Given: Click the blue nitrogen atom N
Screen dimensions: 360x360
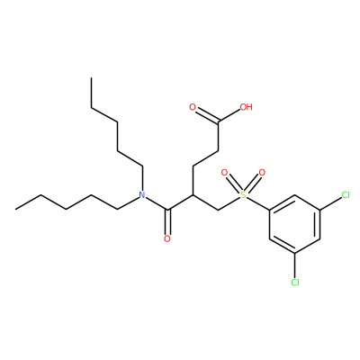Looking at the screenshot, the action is click(142, 195).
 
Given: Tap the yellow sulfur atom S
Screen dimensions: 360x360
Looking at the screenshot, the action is click(243, 195).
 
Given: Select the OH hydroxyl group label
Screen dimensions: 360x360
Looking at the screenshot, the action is click(247, 107).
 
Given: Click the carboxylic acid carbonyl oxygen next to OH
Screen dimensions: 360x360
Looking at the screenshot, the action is click(193, 107).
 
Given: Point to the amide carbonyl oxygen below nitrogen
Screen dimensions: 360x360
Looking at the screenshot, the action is click(167, 238).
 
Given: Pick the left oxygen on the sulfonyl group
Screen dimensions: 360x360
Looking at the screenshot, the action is click(224, 173).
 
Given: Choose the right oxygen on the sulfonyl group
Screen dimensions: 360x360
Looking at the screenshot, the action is click(262, 173).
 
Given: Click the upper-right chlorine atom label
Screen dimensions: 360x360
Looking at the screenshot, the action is click(346, 195).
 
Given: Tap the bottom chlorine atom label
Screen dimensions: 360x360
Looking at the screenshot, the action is click(295, 283).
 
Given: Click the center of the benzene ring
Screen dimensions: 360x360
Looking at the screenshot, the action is click(295, 224).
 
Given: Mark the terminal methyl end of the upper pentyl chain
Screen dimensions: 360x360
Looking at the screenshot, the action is click(92, 78).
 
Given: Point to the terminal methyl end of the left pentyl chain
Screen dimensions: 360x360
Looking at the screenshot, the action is click(16, 209).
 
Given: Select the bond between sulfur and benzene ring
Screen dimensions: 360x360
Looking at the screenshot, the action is click(258, 203).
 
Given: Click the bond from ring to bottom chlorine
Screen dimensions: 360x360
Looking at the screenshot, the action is click(295, 265).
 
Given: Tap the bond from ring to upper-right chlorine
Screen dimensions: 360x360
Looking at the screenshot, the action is click(331, 203).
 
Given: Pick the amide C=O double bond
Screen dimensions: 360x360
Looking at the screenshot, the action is click(168, 222).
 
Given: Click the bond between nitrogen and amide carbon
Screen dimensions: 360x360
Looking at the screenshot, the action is click(157, 203).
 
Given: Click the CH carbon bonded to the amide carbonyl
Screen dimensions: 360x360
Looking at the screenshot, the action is click(193, 195).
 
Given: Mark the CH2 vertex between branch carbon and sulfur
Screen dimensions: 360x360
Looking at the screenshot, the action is click(219, 210).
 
